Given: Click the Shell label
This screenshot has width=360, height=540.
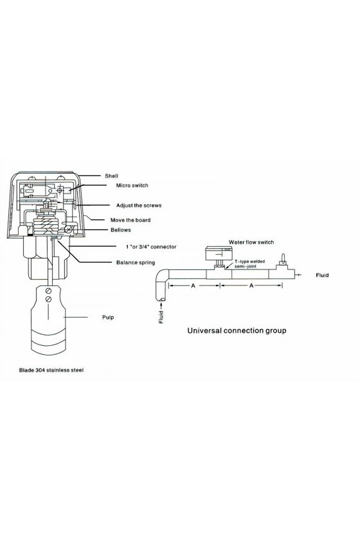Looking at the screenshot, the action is point(111,176).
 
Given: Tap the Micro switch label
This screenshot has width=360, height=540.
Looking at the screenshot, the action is point(132,185).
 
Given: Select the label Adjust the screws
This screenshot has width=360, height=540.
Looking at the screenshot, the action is point(138,205).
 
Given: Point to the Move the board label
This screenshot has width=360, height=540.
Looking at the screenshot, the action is point(130,220).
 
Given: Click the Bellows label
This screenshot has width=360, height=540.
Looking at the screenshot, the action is point(121,230).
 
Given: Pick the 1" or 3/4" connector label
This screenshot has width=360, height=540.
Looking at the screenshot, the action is point(151,247).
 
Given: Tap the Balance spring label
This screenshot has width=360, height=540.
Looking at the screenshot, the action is point(136,262).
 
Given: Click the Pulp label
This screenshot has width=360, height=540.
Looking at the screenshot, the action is point(108,317).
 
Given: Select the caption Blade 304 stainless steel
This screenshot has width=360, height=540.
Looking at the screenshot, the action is point(51,370).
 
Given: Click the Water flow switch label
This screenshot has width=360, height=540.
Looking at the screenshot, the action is point(251,242).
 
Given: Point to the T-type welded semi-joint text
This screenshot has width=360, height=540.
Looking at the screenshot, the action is point(249,264).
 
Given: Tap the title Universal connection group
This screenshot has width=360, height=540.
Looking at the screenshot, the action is point(237,330).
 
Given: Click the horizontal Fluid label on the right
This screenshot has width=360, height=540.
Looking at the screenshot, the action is point(322,275).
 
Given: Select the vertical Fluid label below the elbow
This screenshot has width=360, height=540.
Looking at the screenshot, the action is point(161,317).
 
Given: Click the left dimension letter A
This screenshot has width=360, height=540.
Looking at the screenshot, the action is point(193,285).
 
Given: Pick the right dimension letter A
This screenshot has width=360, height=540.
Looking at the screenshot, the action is point(251,285).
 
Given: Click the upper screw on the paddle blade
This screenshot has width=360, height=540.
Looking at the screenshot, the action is point(49,291).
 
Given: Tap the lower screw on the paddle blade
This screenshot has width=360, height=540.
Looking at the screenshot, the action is point(49,300).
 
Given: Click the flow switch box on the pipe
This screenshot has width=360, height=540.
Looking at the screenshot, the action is point(217,254).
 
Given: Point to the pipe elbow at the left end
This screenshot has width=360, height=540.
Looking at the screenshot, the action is point(161,283).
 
